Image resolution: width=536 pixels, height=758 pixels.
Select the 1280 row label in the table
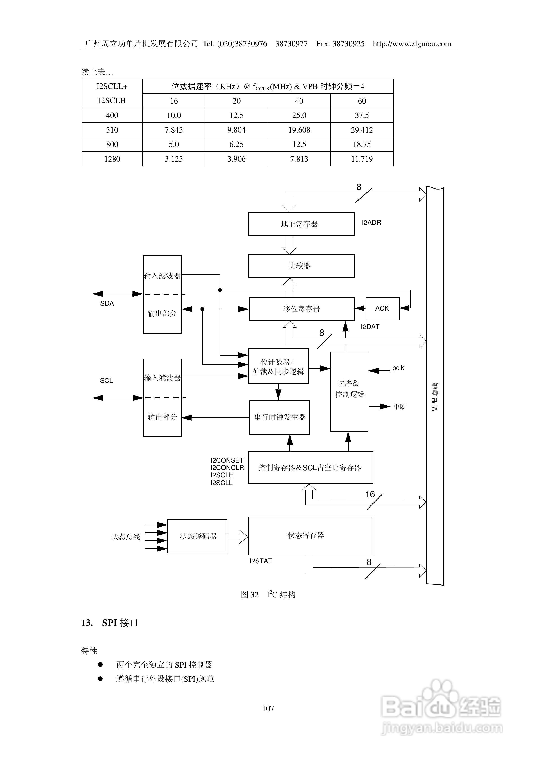point(112,159)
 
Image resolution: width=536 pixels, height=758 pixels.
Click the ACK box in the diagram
point(382,308)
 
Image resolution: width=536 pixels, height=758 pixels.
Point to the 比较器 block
point(301,266)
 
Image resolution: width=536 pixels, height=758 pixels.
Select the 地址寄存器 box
point(301,224)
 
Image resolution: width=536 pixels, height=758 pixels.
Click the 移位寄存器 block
point(301,309)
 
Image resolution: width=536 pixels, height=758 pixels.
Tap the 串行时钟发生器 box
point(279,417)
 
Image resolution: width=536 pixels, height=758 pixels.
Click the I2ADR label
point(371,223)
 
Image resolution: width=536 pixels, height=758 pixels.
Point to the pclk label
point(398,368)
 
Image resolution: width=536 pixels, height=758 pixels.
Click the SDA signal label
point(107,303)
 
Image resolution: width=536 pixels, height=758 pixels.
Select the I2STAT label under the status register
point(261,561)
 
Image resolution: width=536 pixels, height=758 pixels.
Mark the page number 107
point(268,708)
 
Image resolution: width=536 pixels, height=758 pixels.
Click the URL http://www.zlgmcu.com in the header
point(412,44)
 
